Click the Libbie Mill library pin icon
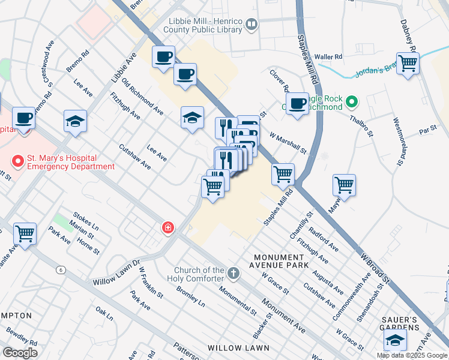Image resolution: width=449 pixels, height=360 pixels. (x=252, y=25)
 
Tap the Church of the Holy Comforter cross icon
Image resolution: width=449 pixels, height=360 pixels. (x=234, y=274)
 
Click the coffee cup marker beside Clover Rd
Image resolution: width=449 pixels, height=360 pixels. (x=297, y=103)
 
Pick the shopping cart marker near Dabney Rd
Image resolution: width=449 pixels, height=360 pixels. (x=408, y=62)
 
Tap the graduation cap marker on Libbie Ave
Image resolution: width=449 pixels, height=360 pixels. (x=76, y=121)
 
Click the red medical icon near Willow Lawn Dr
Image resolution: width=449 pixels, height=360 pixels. (x=169, y=227)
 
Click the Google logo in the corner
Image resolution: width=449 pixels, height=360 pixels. (x=20, y=353)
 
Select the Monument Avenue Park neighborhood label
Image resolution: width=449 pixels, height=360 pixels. (x=281, y=260)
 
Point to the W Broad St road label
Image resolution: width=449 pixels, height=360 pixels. (x=374, y=266)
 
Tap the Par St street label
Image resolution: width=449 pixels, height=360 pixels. (x=427, y=130)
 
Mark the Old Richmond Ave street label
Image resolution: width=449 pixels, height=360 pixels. (x=142, y=96)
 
